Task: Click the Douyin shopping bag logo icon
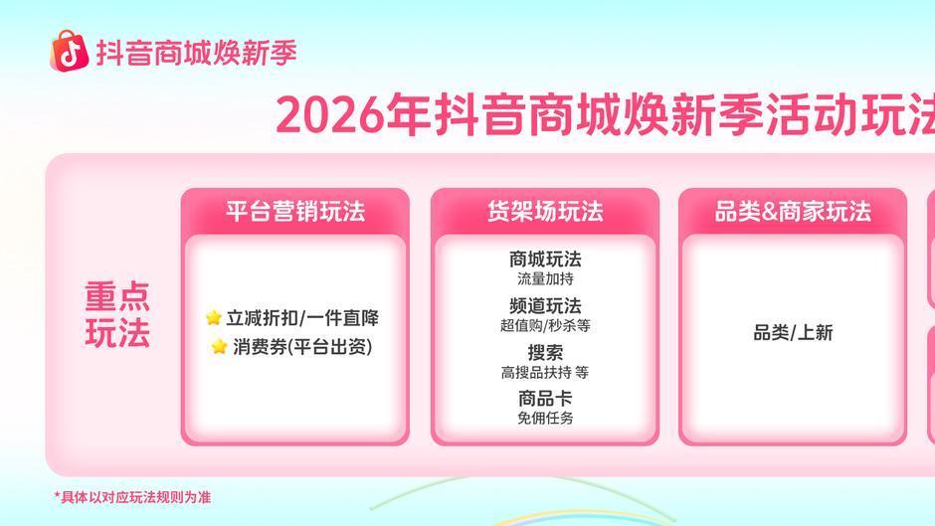tap(70, 52)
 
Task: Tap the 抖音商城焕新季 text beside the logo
tap(197, 53)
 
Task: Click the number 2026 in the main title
tap(329, 115)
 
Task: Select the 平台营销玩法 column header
tap(295, 212)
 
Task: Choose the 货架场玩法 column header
tap(545, 212)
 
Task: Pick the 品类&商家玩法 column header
tap(793, 212)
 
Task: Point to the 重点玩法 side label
tap(117, 314)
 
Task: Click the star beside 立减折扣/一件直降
tap(214, 317)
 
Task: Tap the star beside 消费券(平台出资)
tap(220, 346)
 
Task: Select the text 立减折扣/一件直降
tap(302, 318)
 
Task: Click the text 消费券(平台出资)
tap(302, 346)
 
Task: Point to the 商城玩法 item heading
tap(545, 260)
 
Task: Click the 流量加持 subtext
tap(545, 278)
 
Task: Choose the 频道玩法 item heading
tap(545, 306)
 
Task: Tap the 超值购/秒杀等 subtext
tap(545, 325)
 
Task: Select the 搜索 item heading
tap(545, 352)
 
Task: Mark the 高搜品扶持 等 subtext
tap(545, 372)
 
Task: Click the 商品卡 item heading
tap(545, 399)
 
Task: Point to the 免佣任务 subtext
tap(545, 418)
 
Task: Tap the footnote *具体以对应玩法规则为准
tap(132, 497)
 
